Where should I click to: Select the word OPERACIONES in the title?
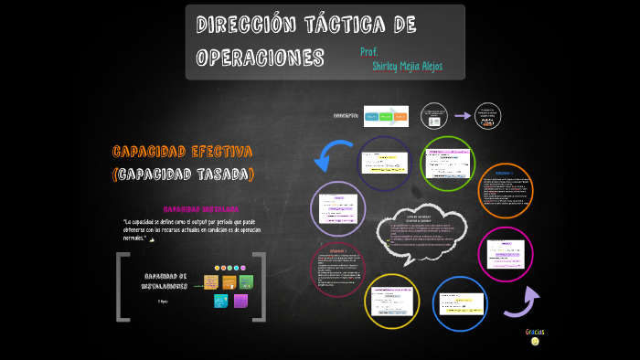261,57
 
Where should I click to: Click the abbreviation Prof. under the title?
369,51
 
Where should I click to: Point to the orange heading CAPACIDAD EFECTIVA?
182,151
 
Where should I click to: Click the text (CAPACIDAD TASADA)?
183,174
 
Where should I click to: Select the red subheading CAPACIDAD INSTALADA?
200,208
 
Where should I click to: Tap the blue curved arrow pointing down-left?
331,156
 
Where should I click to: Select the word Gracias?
535,331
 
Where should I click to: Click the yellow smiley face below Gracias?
535,342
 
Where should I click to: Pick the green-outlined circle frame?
448,164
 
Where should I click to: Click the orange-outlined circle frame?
506,191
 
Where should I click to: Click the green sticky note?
246,282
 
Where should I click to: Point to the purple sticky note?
240,301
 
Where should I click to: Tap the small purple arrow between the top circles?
463,116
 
